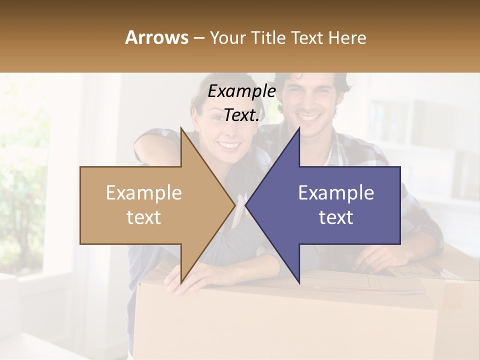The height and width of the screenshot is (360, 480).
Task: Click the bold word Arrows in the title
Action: (157, 37)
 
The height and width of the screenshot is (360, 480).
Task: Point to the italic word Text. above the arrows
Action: (241, 115)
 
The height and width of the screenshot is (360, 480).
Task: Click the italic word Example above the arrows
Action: (241, 91)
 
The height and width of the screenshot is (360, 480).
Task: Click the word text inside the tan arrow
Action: (143, 217)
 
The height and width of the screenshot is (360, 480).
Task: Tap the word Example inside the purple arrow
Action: (336, 193)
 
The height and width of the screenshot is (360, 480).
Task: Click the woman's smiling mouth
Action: (229, 145)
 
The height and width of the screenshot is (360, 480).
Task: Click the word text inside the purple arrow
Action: (336, 217)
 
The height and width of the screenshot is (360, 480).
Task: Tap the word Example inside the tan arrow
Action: (143, 193)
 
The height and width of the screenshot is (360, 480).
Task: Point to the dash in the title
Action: (199, 38)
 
